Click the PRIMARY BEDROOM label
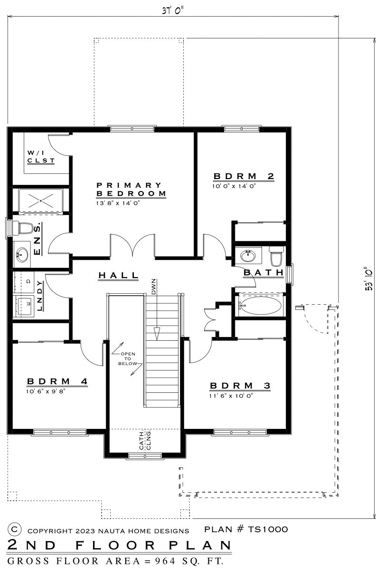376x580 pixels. point(131,190)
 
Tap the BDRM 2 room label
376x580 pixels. point(244,177)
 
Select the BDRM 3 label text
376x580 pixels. point(240,386)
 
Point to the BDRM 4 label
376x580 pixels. point(57,381)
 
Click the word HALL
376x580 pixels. point(119,275)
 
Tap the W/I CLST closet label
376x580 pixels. point(40,157)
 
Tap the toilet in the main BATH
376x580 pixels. point(275,256)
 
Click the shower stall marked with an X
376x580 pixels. point(40,201)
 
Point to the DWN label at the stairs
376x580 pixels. point(154,287)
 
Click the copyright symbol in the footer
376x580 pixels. point(15,529)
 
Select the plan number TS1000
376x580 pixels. point(246,529)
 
